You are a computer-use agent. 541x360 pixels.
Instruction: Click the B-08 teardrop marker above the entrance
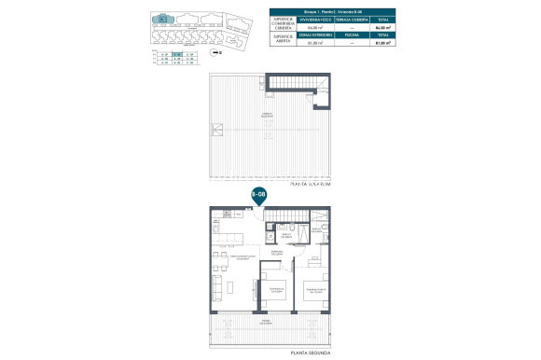pyautogui.click(x=257, y=195)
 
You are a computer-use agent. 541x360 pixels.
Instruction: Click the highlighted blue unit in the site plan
pyautogui.click(x=163, y=19)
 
